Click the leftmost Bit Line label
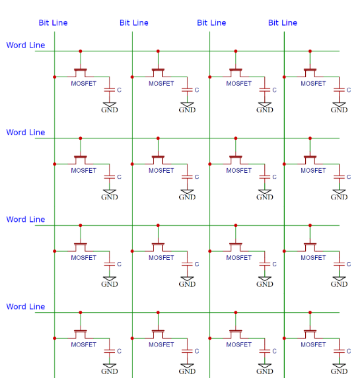[53, 22]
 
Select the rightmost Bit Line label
[283, 22]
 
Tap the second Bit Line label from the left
[134, 22]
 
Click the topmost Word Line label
[26, 45]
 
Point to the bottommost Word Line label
[26, 306]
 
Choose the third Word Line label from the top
[26, 220]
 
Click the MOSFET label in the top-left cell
[83, 83]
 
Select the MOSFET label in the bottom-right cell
[313, 345]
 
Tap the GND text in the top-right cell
[339, 110]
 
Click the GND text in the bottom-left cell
[110, 371]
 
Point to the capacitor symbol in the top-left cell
[110, 90]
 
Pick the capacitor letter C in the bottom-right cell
[349, 351]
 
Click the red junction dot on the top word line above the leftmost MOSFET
[81, 51]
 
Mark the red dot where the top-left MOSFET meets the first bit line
[55, 77]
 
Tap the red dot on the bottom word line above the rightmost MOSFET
[310, 313]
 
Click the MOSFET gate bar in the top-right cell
[310, 70]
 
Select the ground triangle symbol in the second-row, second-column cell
[187, 192]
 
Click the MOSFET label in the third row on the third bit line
[239, 258]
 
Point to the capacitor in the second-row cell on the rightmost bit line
[339, 177]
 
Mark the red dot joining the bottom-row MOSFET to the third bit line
[209, 338]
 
